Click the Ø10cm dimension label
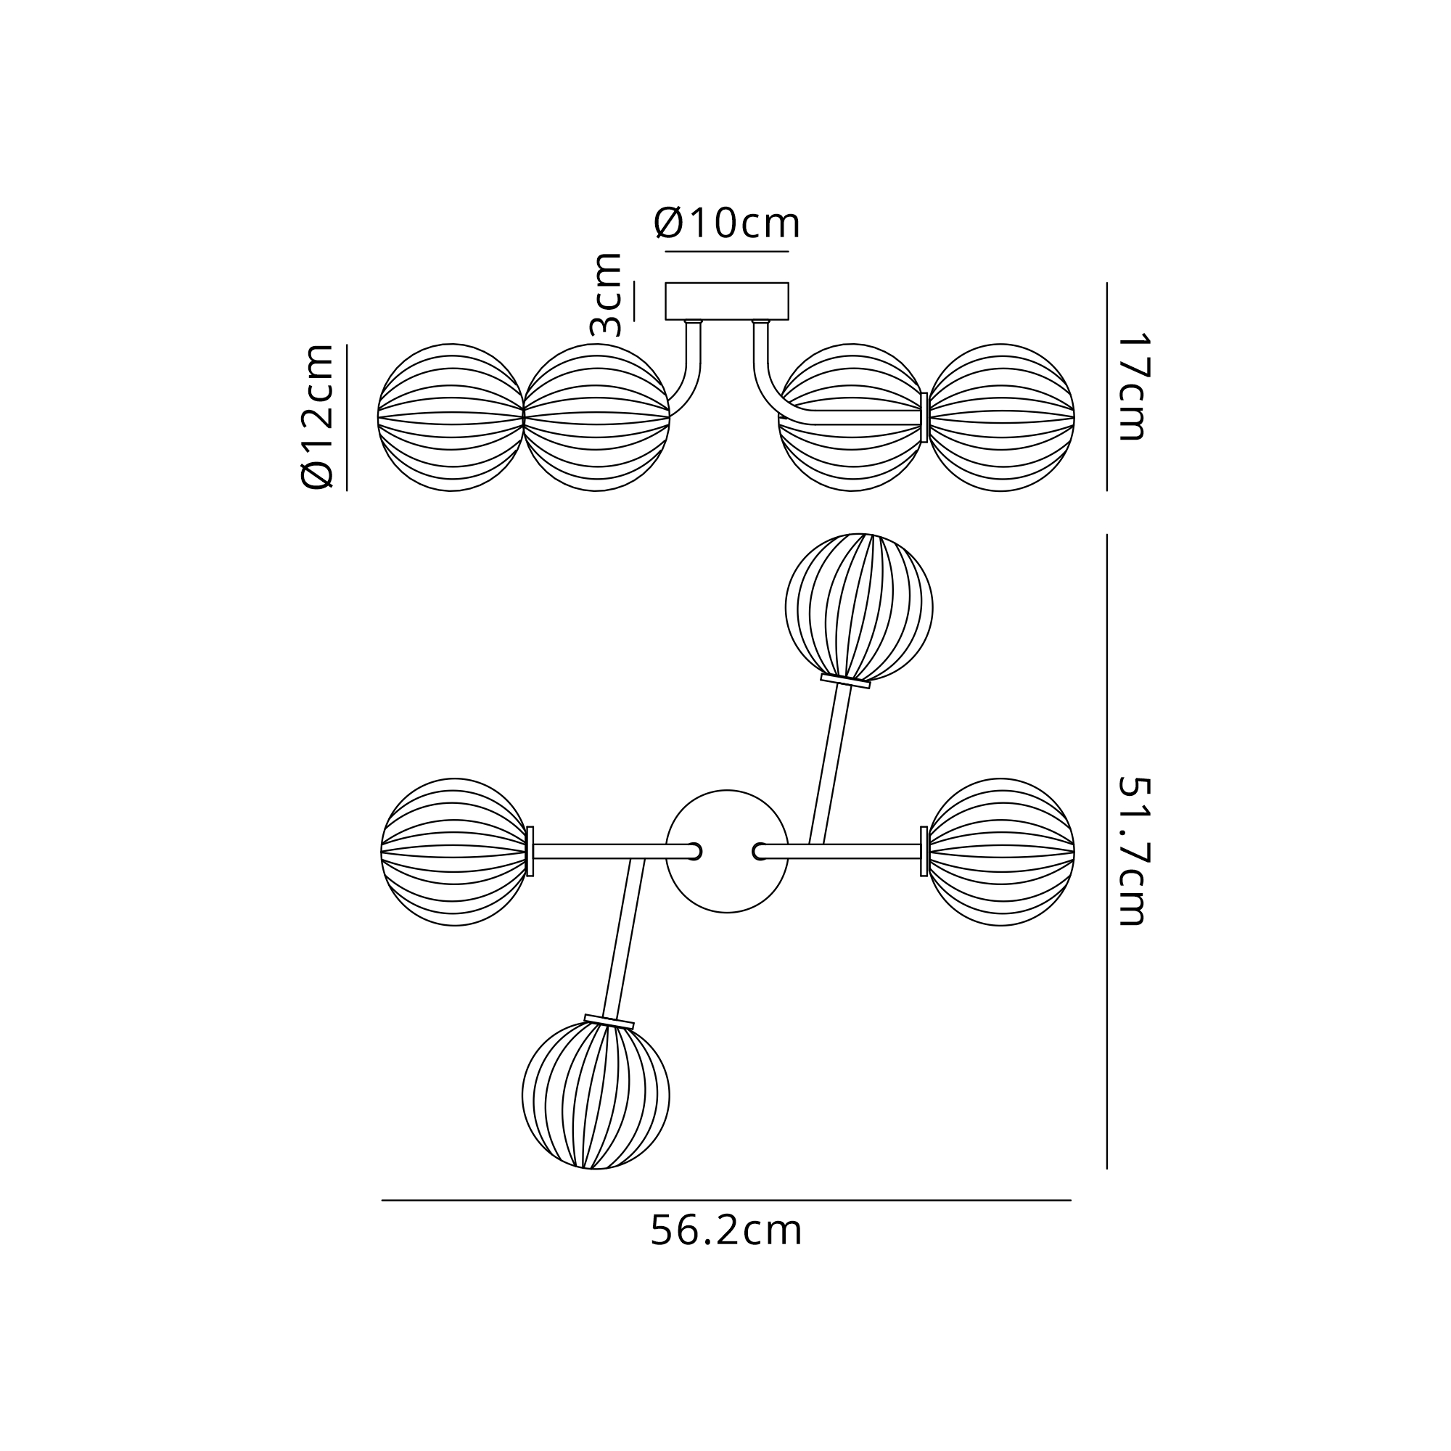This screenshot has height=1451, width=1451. (727, 223)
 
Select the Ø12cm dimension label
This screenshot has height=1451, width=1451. (317, 417)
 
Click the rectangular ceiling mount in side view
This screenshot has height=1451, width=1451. (727, 301)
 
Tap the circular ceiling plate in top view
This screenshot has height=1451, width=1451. (727, 851)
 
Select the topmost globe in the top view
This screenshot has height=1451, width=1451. (859, 607)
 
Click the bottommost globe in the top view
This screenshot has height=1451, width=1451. (596, 1096)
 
